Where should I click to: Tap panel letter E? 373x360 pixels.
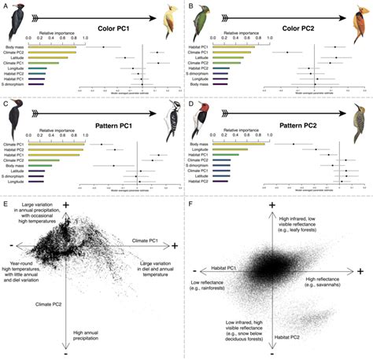(6, 205)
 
